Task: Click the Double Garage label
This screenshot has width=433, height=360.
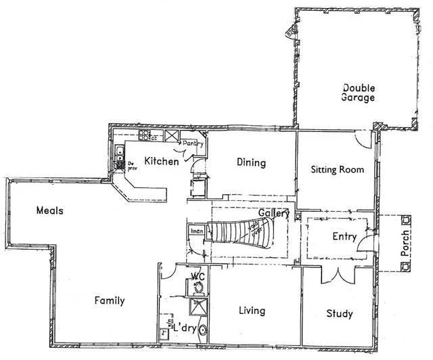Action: pyautogui.click(x=358, y=92)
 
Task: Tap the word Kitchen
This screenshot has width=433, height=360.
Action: pyautogui.click(x=162, y=162)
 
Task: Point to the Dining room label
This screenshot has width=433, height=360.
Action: pyautogui.click(x=250, y=162)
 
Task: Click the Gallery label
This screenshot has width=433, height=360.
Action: pyautogui.click(x=273, y=213)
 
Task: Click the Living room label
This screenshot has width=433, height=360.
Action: pyautogui.click(x=251, y=311)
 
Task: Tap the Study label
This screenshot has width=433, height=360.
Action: pyautogui.click(x=338, y=313)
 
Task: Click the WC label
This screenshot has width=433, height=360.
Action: pyautogui.click(x=198, y=276)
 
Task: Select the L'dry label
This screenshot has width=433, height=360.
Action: pyautogui.click(x=185, y=328)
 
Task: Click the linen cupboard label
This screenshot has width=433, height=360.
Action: pyautogui.click(x=196, y=232)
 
